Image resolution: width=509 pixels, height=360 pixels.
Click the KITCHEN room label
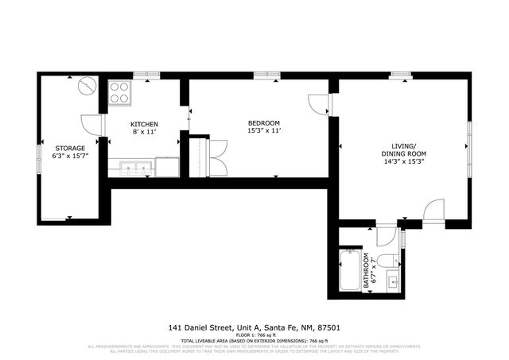[x=144, y=124]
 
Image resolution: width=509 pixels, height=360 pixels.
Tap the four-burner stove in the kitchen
[x=120, y=93]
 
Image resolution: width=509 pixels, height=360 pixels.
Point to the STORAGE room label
[x=69, y=149]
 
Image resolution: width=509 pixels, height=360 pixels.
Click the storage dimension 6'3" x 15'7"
[x=69, y=157]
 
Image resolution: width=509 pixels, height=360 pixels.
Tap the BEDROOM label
[x=264, y=122]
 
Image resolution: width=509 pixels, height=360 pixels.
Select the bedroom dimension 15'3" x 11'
[x=264, y=130]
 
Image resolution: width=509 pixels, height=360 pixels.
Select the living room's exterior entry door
[x=434, y=211]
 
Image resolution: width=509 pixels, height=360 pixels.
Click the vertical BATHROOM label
[x=368, y=271]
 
